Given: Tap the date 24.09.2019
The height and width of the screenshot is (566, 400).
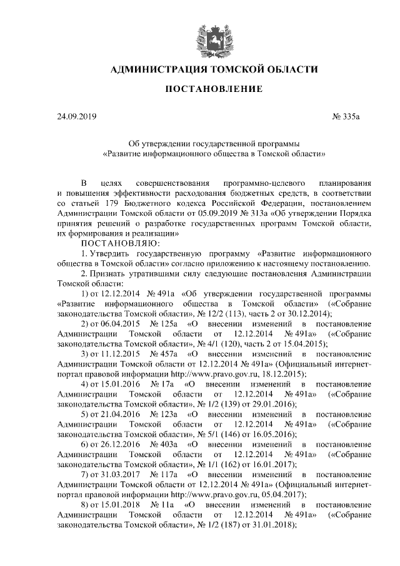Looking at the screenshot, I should (x=75, y=116).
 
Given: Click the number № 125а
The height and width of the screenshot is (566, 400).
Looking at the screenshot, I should (x=164, y=323).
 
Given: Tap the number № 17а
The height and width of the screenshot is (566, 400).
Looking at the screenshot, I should (x=162, y=383).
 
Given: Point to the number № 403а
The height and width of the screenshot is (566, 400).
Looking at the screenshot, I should (x=164, y=443).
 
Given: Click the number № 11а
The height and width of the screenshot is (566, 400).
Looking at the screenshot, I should (x=162, y=503).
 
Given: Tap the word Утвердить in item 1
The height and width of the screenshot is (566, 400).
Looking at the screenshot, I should (x=116, y=253).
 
